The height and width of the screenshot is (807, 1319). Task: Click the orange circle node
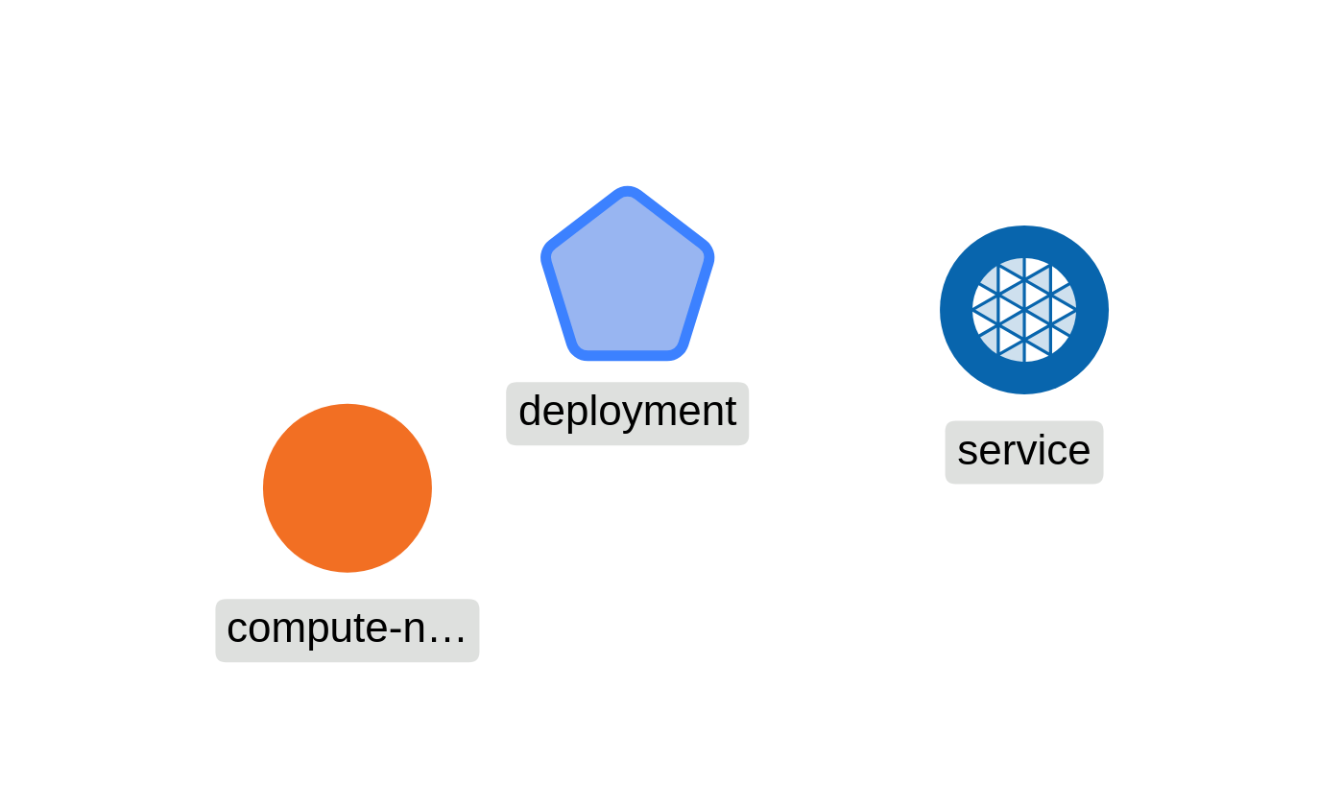pos(348,487)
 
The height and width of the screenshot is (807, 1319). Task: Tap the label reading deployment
pos(627,413)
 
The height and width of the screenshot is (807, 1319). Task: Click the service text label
pos(1023,451)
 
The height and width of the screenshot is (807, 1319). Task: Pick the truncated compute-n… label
pos(347,629)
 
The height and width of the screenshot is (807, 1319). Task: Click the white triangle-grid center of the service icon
pos(1024,310)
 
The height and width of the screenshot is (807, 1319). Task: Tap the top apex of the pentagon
pos(628,191)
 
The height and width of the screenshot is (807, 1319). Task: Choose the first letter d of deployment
pos(530,412)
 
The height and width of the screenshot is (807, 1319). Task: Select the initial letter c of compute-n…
pos(236,630)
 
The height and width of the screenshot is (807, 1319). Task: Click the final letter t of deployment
pos(730,412)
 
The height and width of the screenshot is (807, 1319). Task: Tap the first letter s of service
pos(966,451)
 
